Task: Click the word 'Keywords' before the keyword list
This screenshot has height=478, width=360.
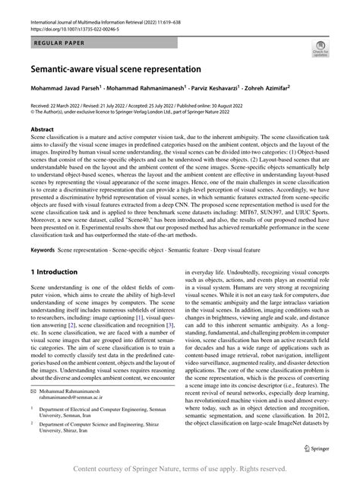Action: click(43, 249)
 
